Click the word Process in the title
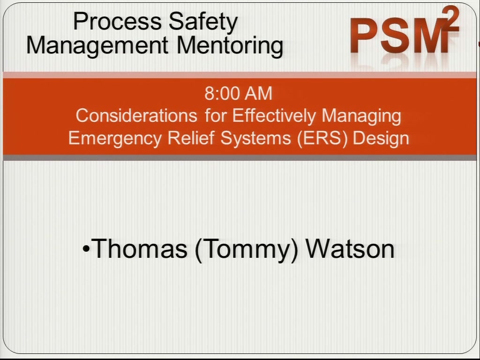117,22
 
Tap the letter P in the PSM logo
364,36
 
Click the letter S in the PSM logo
394,36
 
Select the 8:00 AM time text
238,93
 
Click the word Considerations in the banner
136,116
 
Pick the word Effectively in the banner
274,116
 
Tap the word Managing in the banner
361,116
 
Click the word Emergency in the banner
115,139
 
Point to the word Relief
191,138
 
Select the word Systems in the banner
255,139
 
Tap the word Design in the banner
381,139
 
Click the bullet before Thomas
86,249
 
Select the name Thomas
139,248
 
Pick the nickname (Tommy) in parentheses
246,250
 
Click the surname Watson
350,248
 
